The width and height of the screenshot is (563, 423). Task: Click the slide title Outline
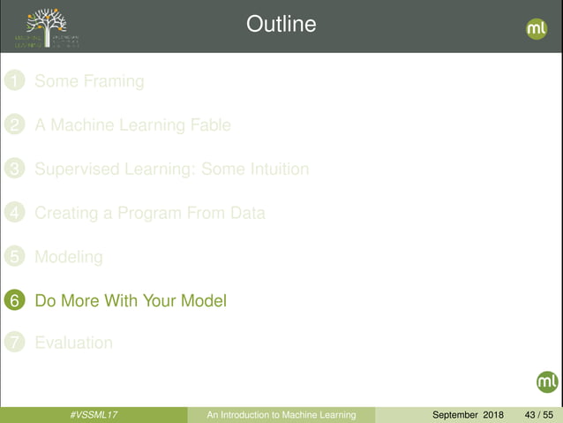(281, 24)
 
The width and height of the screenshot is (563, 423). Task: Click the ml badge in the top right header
(537, 28)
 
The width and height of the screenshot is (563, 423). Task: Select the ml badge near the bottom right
(547, 381)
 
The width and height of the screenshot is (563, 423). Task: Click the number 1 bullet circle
(13, 82)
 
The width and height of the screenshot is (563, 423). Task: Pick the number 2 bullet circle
(13, 125)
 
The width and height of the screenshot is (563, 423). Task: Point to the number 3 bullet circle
(13, 169)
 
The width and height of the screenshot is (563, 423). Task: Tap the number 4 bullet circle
(13, 213)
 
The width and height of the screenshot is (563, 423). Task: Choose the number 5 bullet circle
(13, 257)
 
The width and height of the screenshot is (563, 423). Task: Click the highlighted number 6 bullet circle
(13, 301)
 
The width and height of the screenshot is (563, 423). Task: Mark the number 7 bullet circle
(13, 343)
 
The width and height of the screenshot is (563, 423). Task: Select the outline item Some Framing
(89, 81)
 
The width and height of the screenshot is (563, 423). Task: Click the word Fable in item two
(209, 125)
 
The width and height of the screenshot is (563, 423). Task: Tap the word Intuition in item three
(274, 169)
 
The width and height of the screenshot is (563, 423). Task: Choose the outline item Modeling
(69, 257)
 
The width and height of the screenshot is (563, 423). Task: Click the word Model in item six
(204, 300)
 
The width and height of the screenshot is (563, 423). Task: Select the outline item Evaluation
(73, 343)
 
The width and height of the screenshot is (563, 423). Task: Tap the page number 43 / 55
(538, 415)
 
